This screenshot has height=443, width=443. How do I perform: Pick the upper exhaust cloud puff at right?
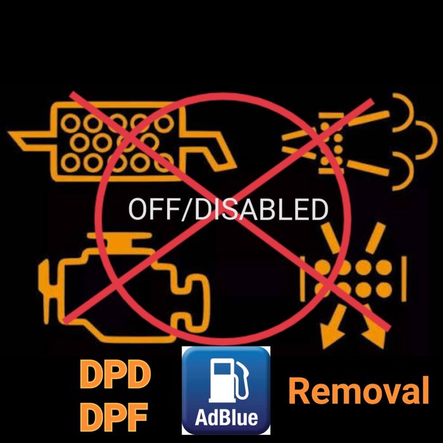coord(405,114)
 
